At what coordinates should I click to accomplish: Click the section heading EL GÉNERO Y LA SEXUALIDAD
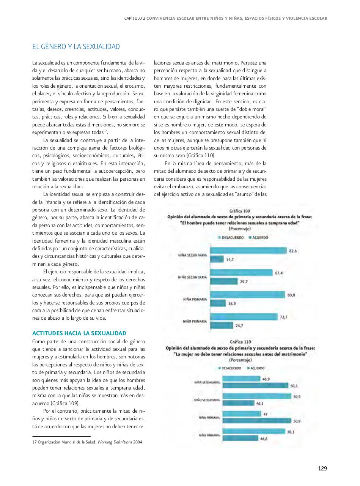(76, 47)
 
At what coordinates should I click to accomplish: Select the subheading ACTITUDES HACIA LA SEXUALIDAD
(79, 333)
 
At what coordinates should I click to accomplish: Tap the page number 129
(322, 468)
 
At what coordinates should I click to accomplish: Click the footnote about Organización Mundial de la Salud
(88, 442)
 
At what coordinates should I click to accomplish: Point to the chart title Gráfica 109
(239, 211)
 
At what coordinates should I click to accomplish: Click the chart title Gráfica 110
(240, 342)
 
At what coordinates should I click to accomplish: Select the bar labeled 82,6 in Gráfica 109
(248, 251)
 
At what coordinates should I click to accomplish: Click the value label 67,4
(279, 273)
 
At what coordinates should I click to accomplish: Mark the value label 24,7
(239, 325)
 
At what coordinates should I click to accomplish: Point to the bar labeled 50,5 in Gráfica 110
(255, 386)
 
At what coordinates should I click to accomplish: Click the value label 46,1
(260, 403)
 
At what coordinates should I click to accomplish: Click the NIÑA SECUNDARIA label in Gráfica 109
(192, 255)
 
